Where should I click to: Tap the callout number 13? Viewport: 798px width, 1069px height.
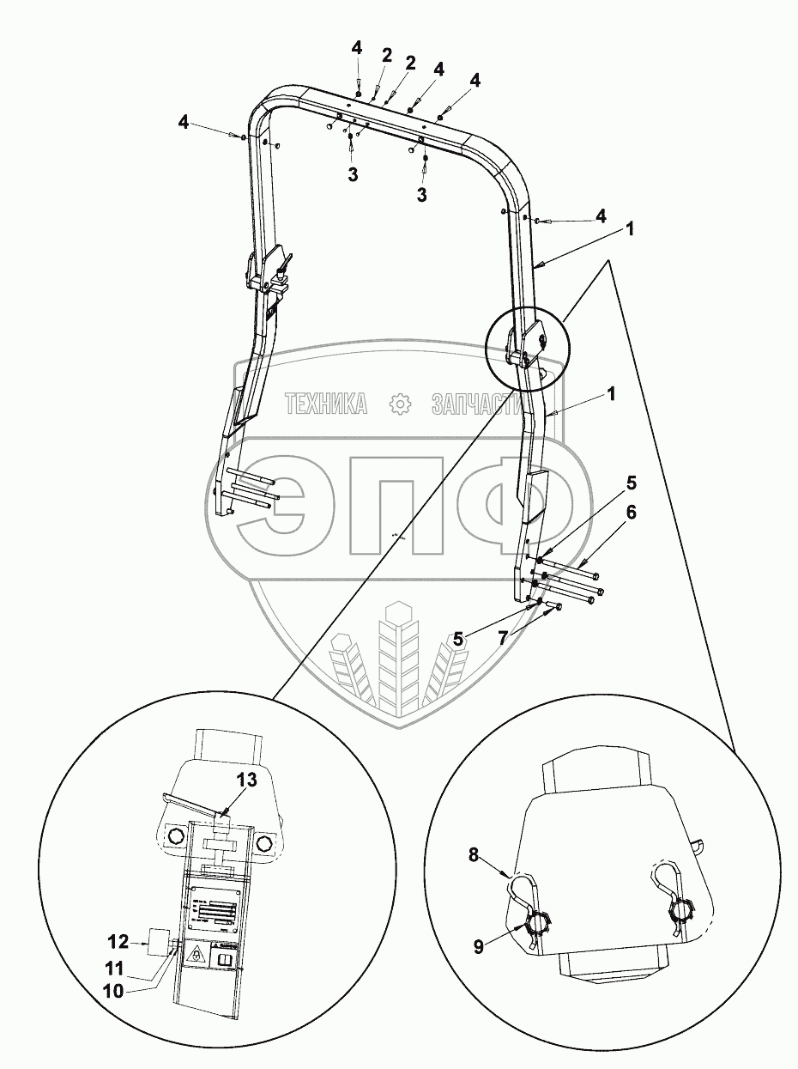247,780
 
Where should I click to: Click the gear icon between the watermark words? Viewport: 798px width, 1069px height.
399,403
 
